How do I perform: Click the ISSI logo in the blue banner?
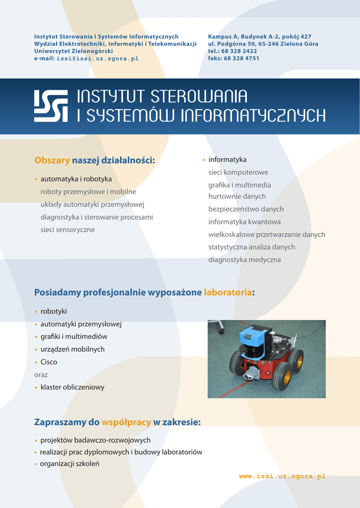[51, 106]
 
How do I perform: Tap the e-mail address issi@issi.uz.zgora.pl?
[98, 59]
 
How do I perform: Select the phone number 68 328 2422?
[239, 51]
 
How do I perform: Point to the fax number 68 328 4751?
[241, 59]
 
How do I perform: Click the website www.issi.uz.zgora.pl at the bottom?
[282, 476]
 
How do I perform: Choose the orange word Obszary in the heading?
[52, 160]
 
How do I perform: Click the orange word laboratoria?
[228, 292]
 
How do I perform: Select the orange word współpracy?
[126, 423]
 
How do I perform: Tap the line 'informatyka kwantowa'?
[244, 222]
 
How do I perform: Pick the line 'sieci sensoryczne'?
[68, 230]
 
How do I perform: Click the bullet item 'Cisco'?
[49, 362]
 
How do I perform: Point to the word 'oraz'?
[41, 375]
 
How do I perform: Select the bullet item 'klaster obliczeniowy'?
[72, 387]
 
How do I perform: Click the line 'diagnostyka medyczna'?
[244, 260]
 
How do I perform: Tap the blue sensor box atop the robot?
[253, 337]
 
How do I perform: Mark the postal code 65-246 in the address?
[269, 44]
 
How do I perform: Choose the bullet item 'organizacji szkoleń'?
[70, 464]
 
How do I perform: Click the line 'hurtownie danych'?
[237, 196]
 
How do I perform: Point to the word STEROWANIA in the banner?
[199, 97]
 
